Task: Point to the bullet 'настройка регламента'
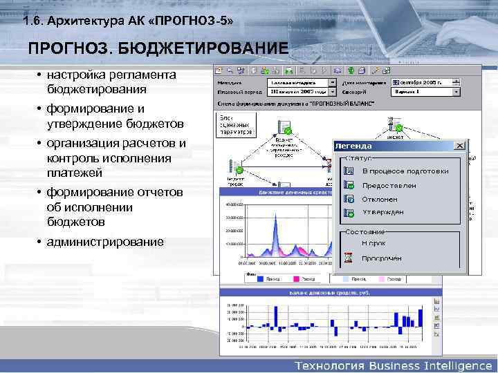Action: (111, 75)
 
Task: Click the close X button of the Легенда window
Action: (460, 146)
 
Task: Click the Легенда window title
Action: (353, 146)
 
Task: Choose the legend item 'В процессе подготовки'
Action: (405, 171)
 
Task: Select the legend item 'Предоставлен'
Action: (389, 185)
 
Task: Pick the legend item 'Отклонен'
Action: (380, 199)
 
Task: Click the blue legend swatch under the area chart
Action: (261, 280)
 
